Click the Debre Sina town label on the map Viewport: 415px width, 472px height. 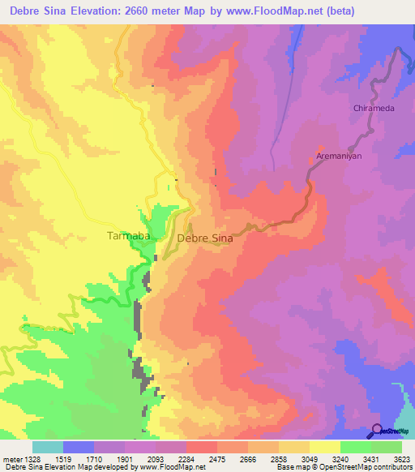point(205,238)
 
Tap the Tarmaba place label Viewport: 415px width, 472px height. point(128,236)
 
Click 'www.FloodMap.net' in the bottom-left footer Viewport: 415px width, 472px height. point(171,466)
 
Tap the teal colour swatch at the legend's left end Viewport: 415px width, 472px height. point(48,447)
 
